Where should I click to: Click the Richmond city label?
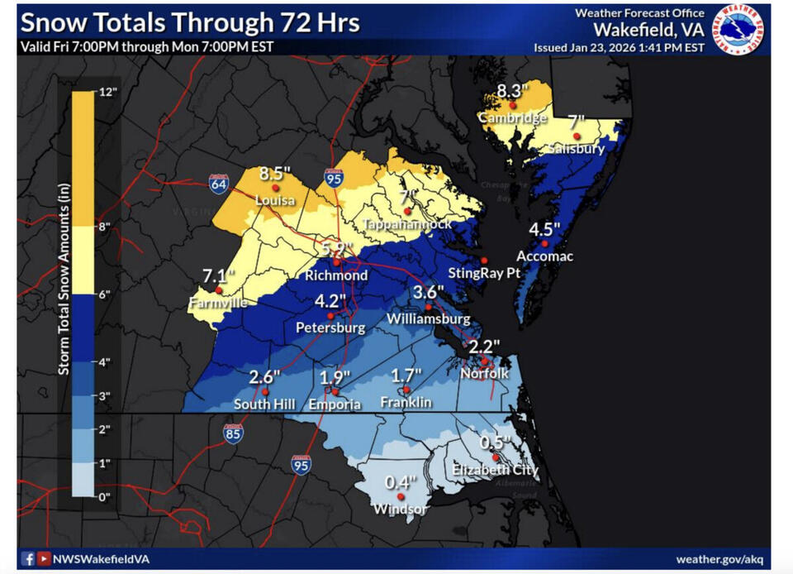[336, 275]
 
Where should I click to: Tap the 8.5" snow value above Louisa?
[275, 174]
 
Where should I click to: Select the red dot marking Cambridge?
[513, 105]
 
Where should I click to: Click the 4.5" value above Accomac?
[544, 228]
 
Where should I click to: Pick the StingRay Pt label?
[480, 273]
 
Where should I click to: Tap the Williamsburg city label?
[429, 318]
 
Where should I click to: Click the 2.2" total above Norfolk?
[485, 346]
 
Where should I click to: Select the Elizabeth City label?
[495, 470]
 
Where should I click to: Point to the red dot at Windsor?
[401, 496]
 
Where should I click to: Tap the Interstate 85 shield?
[233, 433]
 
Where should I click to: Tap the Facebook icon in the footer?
[28, 558]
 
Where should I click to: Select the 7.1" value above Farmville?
[218, 275]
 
